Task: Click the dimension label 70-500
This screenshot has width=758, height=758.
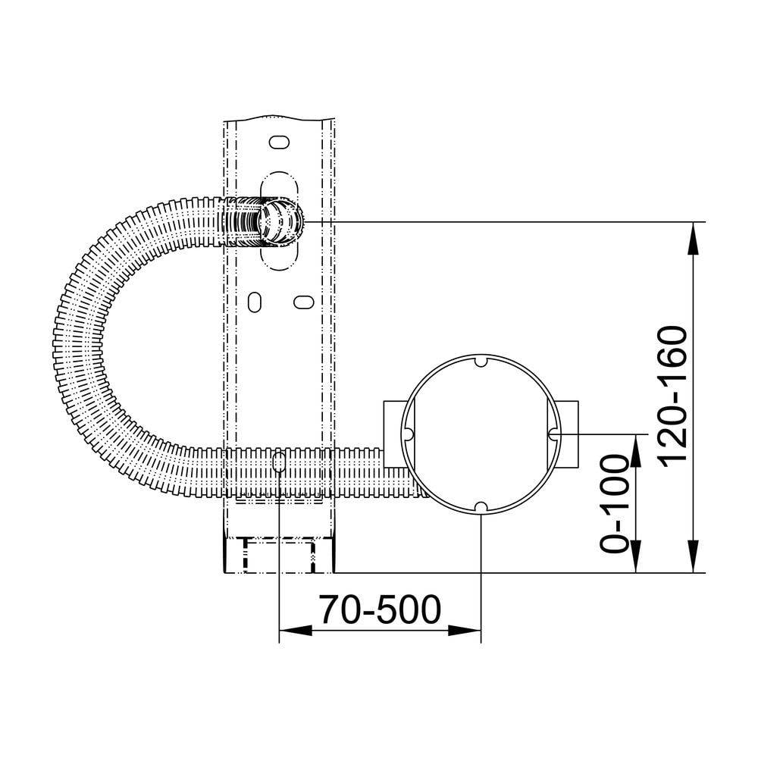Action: [x=380, y=609]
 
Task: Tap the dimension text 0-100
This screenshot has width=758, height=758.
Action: [x=615, y=503]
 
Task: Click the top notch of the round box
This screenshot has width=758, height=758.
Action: [x=480, y=361]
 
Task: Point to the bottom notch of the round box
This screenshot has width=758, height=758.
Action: [x=481, y=508]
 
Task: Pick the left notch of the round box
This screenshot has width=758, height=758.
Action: [x=408, y=434]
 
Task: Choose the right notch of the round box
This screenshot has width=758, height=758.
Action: [x=553, y=434]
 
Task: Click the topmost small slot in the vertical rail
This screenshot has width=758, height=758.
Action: [x=279, y=143]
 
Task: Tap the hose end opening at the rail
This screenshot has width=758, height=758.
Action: [x=280, y=222]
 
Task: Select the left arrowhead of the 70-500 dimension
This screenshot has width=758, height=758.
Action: [x=296, y=631]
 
